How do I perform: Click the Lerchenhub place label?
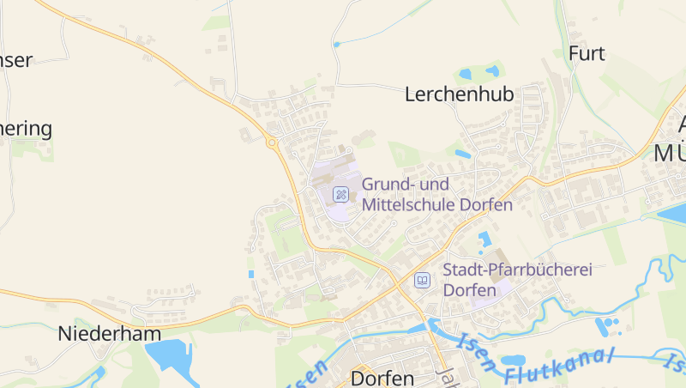pos(459,94)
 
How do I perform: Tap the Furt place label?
pos(587,53)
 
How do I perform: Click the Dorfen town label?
pos(382,378)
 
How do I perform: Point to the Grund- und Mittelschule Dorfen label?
pos(436,194)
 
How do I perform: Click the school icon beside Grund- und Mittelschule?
pos(340,194)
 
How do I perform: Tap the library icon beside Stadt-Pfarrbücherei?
pos(422,280)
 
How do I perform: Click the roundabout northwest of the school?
pos(272,142)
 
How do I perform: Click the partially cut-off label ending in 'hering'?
pos(26,129)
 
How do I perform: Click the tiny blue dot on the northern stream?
pos(337,44)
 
